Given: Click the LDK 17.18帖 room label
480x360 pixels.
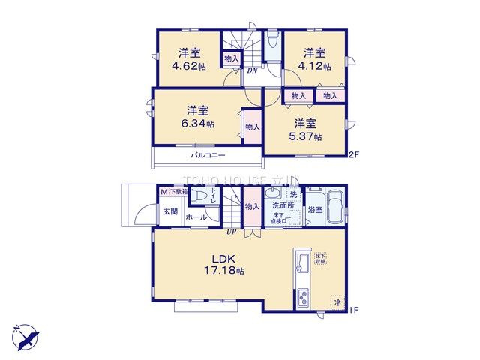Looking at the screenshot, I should (218, 263).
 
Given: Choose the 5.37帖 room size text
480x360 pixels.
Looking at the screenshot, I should (308, 136).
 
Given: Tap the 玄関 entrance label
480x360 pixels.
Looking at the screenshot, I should (170, 211).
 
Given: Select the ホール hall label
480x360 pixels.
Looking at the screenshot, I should (196, 217).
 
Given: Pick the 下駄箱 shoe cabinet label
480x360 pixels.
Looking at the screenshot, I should (178, 192).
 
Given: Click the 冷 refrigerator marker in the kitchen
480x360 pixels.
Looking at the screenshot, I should (337, 303).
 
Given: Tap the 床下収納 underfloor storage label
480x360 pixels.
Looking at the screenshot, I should (319, 259).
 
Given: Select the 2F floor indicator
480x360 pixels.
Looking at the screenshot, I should (354, 155).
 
